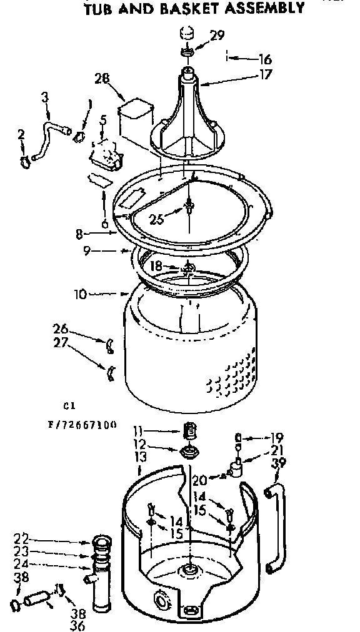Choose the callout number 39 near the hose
pyautogui.click(x=280, y=463)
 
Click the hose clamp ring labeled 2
pyautogui.click(x=25, y=163)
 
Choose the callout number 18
pyautogui.click(x=157, y=266)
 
